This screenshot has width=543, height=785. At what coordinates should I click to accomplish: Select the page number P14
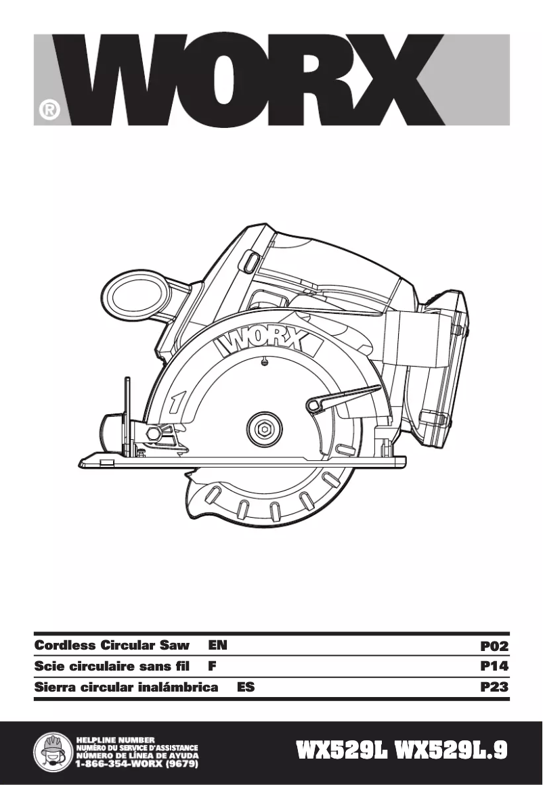tap(494, 667)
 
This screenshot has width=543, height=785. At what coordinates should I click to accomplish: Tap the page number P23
tap(494, 688)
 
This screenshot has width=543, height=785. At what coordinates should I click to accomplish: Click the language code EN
tap(217, 646)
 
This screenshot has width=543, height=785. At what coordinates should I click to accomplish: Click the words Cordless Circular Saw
tap(111, 646)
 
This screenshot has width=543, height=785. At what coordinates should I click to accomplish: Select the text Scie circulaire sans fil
tap(114, 667)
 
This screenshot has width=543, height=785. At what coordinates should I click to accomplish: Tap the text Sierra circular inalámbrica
tap(126, 688)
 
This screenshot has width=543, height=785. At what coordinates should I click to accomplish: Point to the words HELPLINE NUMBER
tap(116, 738)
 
